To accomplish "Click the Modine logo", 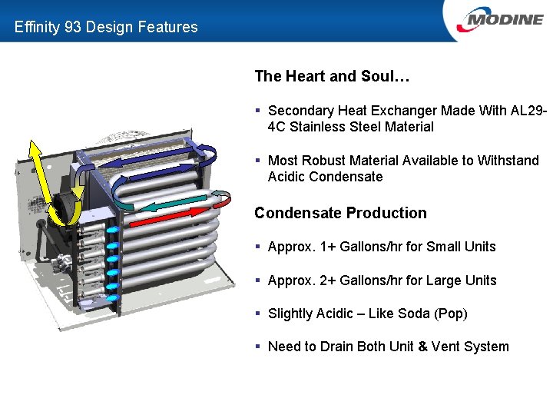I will point(499,19).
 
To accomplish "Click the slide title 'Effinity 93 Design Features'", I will point(106,27).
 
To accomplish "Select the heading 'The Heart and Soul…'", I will point(332,76).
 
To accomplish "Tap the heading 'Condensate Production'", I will point(340,213).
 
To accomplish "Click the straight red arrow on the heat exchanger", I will point(169,214).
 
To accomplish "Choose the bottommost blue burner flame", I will point(113,298).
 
